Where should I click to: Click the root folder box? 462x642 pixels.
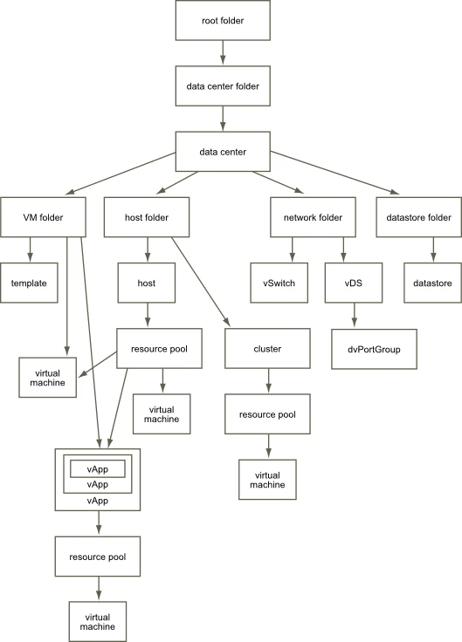(x=223, y=20)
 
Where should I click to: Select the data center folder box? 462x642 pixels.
(x=223, y=85)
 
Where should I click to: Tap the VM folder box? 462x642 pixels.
(x=43, y=216)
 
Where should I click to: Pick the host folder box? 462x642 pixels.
(x=147, y=216)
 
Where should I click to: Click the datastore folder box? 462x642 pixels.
(x=417, y=216)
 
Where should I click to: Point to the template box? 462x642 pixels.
(x=29, y=283)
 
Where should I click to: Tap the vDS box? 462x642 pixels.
(x=354, y=283)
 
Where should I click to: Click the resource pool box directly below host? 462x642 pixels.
(x=161, y=349)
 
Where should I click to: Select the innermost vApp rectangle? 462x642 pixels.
(x=98, y=468)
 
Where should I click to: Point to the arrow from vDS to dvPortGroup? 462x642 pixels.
(x=354, y=316)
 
